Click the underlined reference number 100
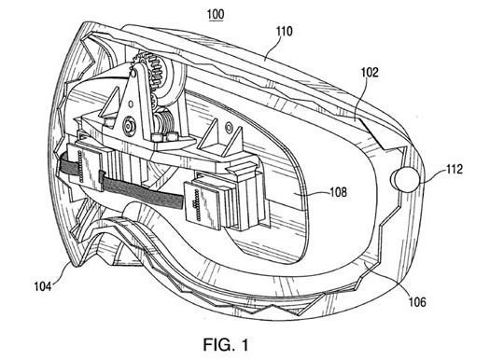[216, 15]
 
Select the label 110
[284, 32]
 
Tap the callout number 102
[370, 73]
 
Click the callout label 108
[339, 192]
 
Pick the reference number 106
[417, 302]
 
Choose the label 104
[43, 286]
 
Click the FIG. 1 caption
[226, 345]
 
